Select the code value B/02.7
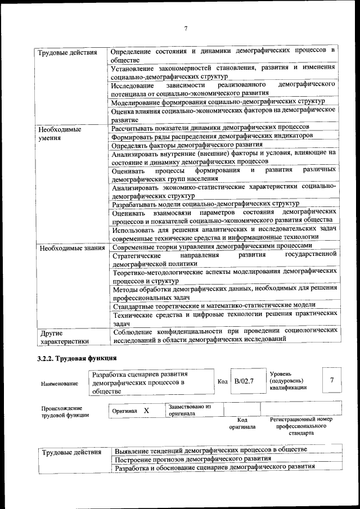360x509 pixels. (x=245, y=381)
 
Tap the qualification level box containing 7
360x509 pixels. (x=332, y=381)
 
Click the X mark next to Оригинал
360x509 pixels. (x=146, y=411)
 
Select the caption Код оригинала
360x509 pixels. (x=242, y=423)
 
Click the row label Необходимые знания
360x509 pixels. (x=71, y=247)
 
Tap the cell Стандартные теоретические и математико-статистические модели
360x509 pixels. (x=214, y=305)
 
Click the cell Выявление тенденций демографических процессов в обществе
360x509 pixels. (x=211, y=450)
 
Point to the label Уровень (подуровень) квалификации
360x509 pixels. (x=288, y=380)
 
